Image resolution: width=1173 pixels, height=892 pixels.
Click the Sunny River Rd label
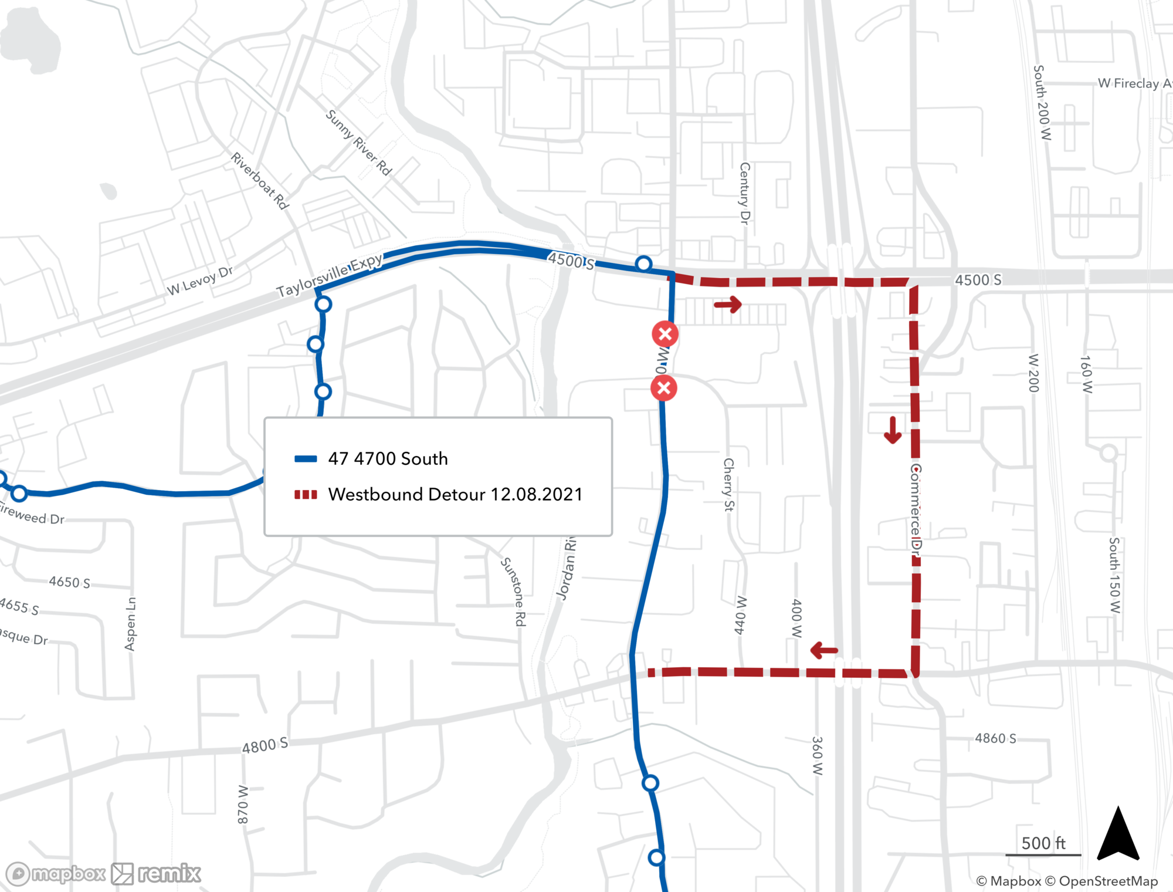[358, 143]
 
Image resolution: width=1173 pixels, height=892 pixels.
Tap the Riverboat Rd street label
[260, 181]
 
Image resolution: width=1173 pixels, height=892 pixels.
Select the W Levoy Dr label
[200, 281]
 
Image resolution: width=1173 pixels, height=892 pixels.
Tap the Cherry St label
[728, 485]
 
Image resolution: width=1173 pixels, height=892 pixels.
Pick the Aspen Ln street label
[130, 624]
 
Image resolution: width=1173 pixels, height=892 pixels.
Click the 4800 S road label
[265, 745]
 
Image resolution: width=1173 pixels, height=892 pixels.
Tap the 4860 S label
[995, 738]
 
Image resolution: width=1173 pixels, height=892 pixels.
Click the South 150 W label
[1114, 575]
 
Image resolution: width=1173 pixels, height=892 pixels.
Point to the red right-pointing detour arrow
[728, 304]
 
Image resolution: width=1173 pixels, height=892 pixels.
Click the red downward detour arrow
[893, 430]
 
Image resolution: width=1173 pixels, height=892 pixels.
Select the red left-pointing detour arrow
[824, 650]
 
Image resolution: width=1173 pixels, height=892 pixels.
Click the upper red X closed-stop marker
[665, 334]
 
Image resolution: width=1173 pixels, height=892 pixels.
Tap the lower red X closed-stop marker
[664, 388]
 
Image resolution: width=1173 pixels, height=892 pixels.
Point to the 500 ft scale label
[1043, 843]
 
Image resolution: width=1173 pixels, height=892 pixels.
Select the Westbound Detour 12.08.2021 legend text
[455, 494]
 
